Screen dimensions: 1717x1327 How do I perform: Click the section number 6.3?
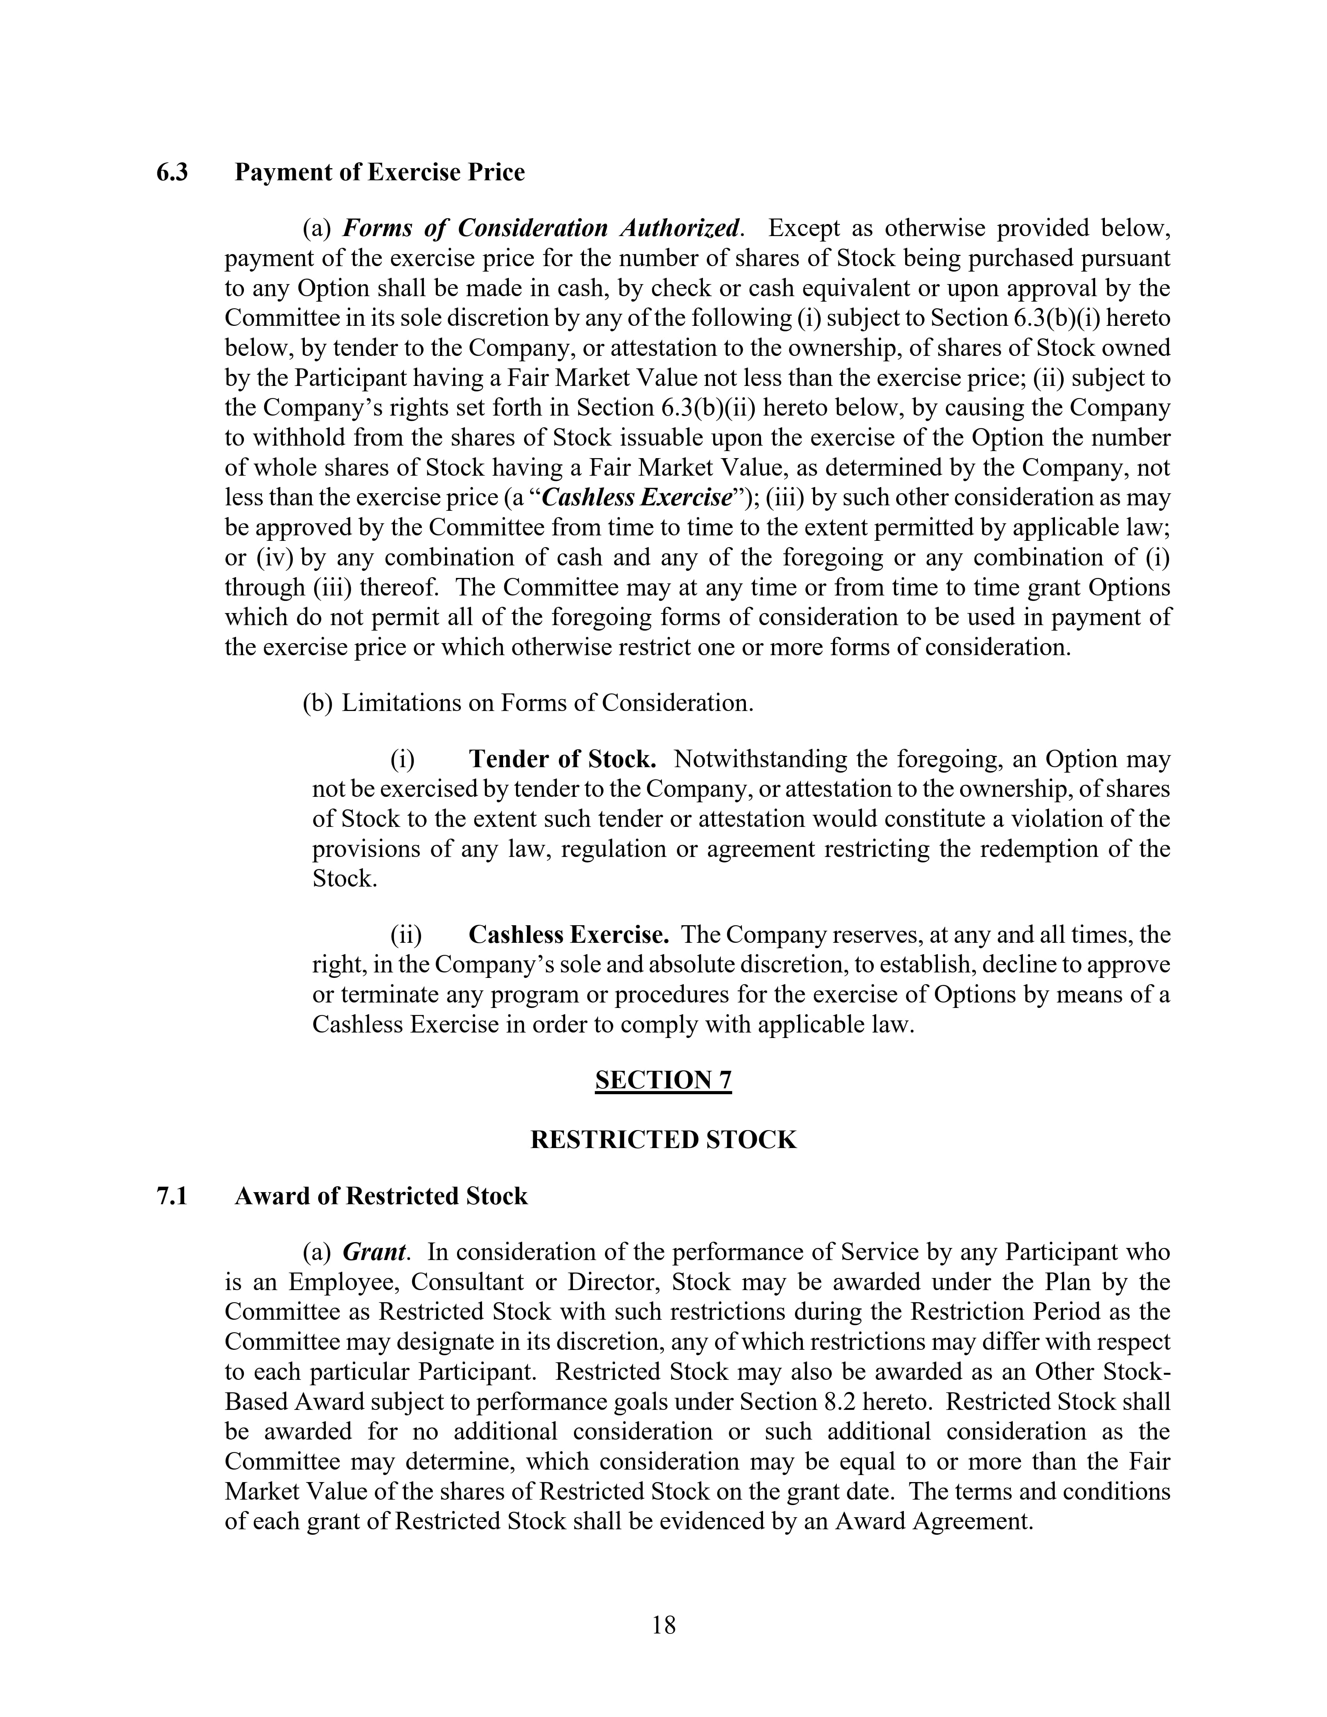172,172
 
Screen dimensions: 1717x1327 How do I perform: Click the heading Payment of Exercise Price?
380,172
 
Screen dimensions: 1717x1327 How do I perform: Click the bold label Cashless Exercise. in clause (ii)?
568,935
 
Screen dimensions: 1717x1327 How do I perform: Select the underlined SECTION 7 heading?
663,1080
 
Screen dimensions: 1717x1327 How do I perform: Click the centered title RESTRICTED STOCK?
663,1140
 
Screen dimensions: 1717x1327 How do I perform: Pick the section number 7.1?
172,1196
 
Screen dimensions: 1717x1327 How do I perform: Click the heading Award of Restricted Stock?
381,1196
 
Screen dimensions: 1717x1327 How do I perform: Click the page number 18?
663,1625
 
